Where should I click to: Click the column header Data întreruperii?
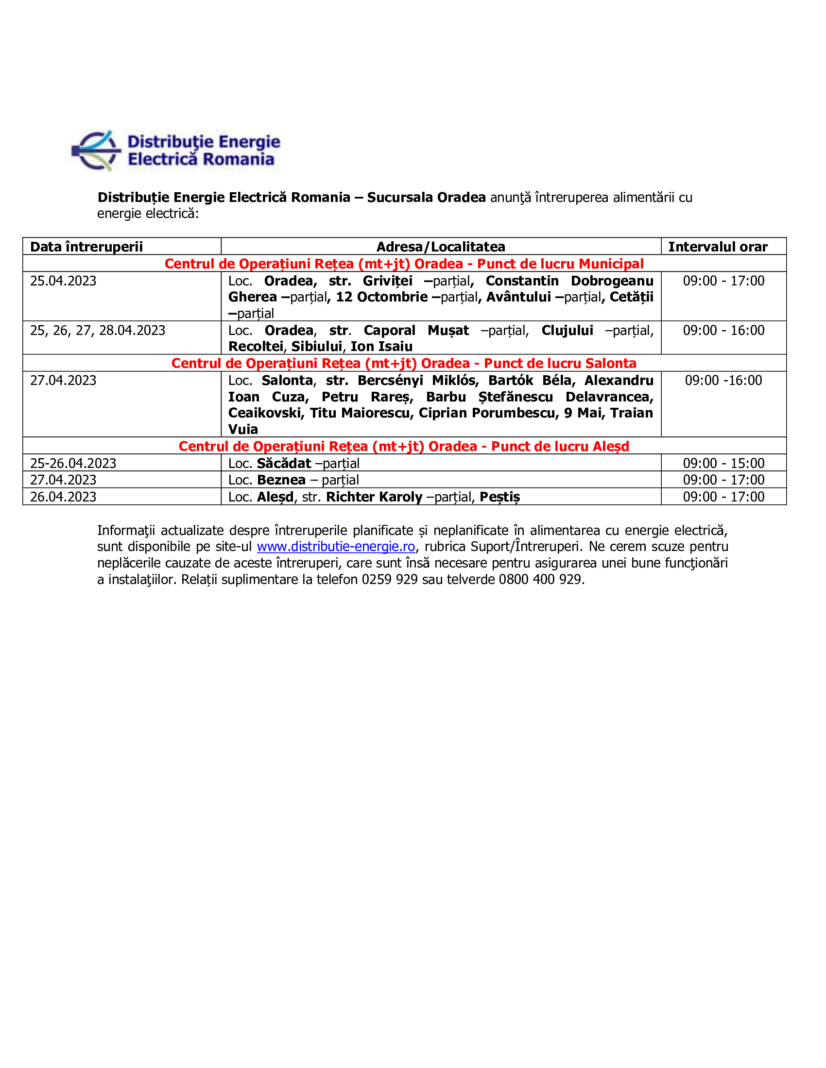[x=86, y=247]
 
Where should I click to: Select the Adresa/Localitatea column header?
[x=440, y=247]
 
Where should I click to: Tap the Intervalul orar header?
[x=718, y=247]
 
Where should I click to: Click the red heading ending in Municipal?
[x=404, y=264]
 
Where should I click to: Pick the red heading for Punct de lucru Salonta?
[x=404, y=363]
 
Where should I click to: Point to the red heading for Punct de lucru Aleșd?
[x=404, y=446]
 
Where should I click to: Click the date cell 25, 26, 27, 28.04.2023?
[x=98, y=331]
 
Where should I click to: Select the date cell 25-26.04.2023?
[x=73, y=463]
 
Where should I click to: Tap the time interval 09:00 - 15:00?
[x=723, y=463]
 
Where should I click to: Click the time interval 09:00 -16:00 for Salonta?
[x=723, y=381]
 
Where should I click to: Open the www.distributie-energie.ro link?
[x=336, y=546]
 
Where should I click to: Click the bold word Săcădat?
[x=284, y=463]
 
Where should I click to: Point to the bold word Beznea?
[x=281, y=480]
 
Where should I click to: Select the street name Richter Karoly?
[x=374, y=497]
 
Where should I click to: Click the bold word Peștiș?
[x=499, y=497]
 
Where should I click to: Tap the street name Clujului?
[x=567, y=331]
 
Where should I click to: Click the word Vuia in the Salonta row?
[x=243, y=429]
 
